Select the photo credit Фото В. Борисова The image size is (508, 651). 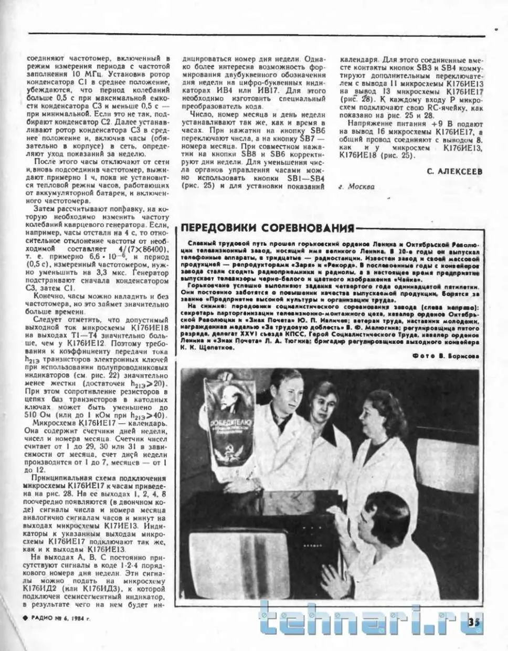pyautogui.click(x=446, y=355)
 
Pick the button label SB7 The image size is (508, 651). pyautogui.click(x=308, y=139)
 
